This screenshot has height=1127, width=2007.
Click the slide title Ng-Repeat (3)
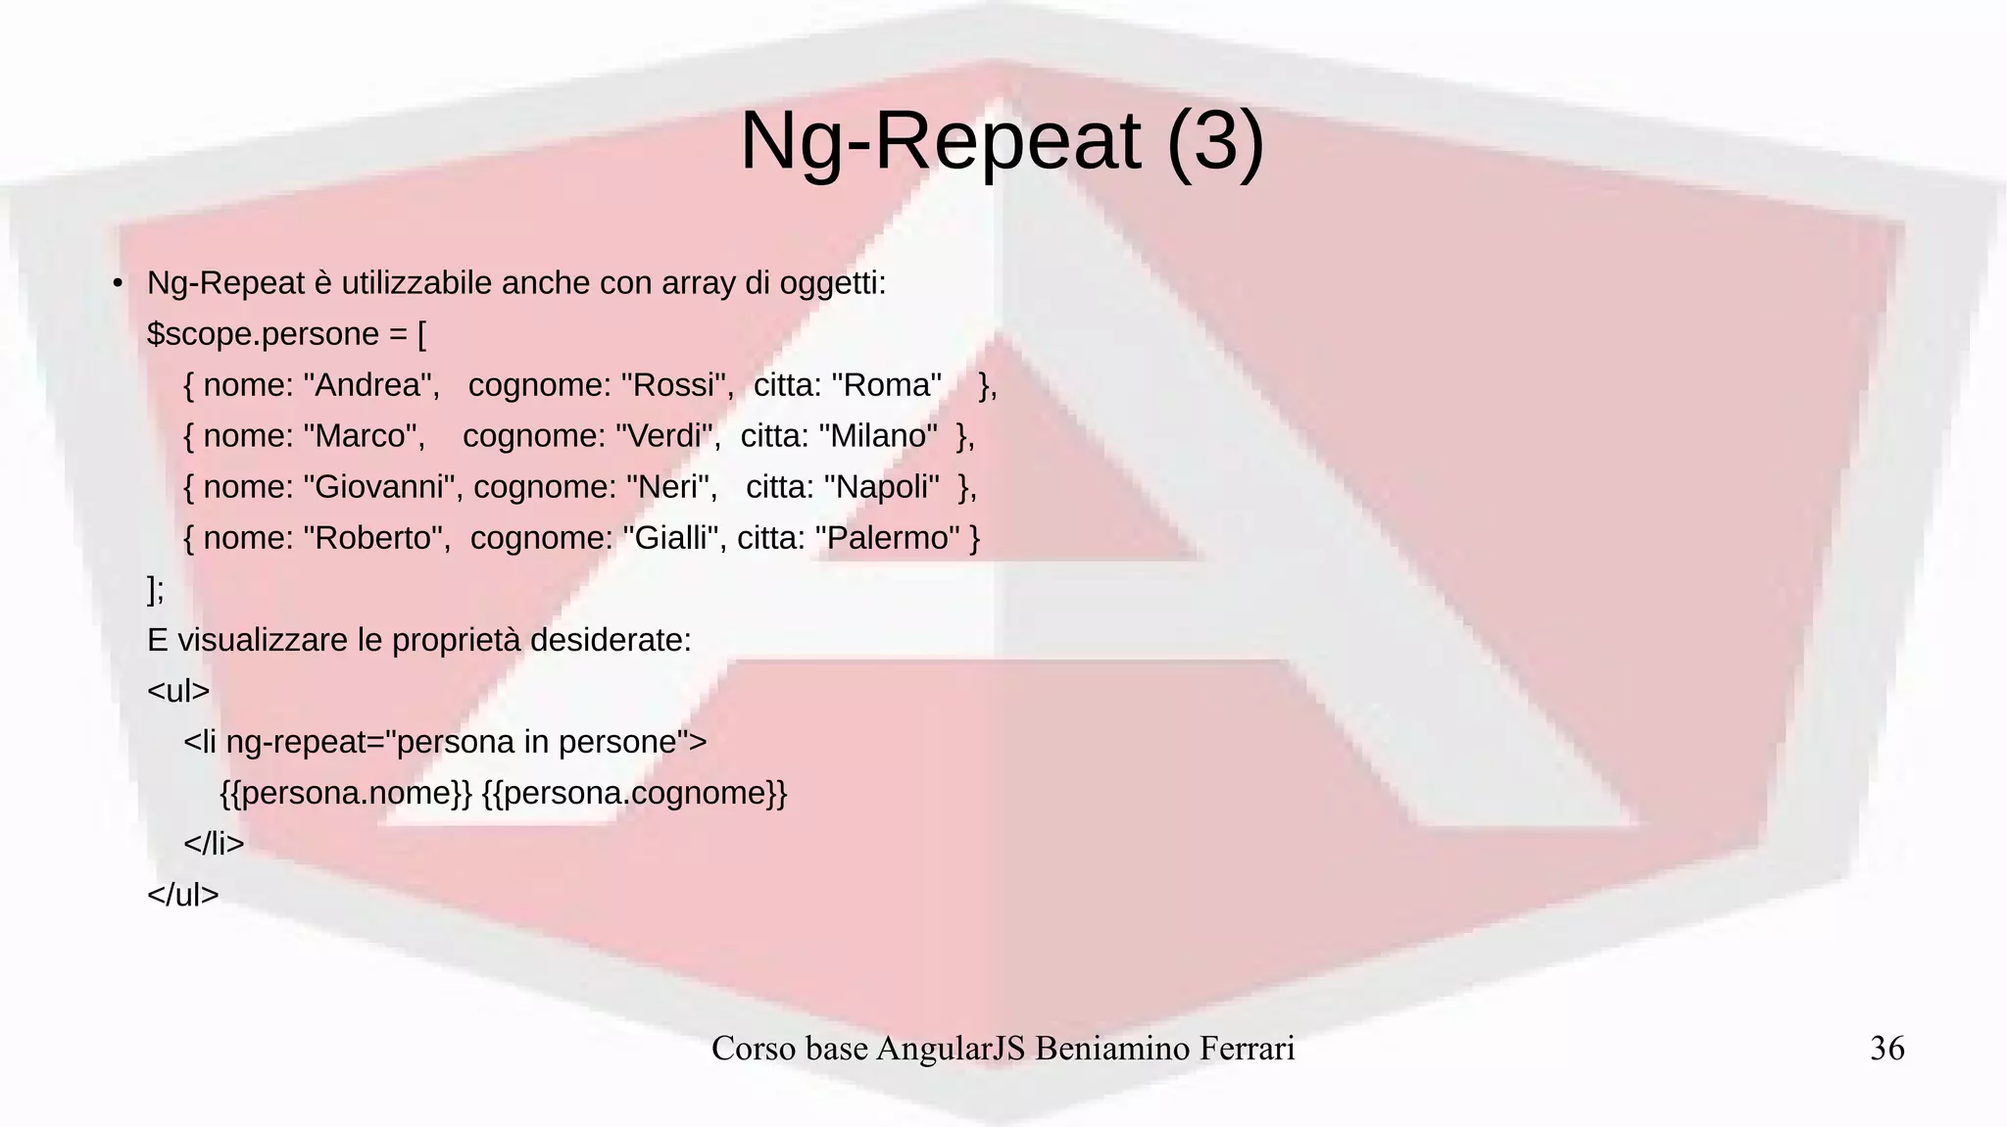1002,141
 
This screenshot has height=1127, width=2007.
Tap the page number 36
1886,1049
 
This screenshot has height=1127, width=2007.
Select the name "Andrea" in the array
371,385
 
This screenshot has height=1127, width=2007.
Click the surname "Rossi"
677,385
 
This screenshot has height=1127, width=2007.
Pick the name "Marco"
364,436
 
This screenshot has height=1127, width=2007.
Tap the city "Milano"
877,436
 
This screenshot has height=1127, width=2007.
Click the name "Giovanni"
381,487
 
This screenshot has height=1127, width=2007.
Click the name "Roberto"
376,538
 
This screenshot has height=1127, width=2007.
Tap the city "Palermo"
887,538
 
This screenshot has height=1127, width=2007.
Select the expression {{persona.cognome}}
634,793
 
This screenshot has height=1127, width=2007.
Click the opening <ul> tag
178,691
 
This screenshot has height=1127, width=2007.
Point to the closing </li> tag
214,844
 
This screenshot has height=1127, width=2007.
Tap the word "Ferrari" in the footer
1243,1049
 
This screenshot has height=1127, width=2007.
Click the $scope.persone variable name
263,334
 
